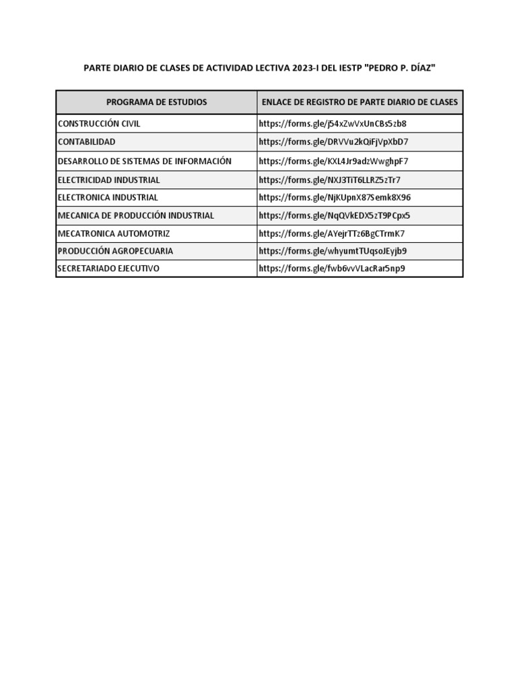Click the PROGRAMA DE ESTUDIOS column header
coord(156,102)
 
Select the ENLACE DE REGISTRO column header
coord(359,102)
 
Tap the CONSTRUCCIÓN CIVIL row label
coord(99,124)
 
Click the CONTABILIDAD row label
coord(86,142)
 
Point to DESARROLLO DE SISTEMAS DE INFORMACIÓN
coord(145,161)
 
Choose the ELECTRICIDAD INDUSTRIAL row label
coord(109,180)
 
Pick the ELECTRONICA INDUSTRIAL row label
coord(108,198)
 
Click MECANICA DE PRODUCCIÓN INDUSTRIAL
coord(136,216)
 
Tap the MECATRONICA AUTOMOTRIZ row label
coord(114,233)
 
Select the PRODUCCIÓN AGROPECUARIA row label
coord(115,251)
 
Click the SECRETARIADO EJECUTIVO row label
coord(108,268)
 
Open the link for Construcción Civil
coord(333,124)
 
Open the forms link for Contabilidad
coord(333,142)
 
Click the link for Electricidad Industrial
coord(329,180)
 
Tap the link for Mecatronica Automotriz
coord(331,233)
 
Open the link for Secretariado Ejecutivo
coord(332,268)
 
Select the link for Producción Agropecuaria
coord(333,251)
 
